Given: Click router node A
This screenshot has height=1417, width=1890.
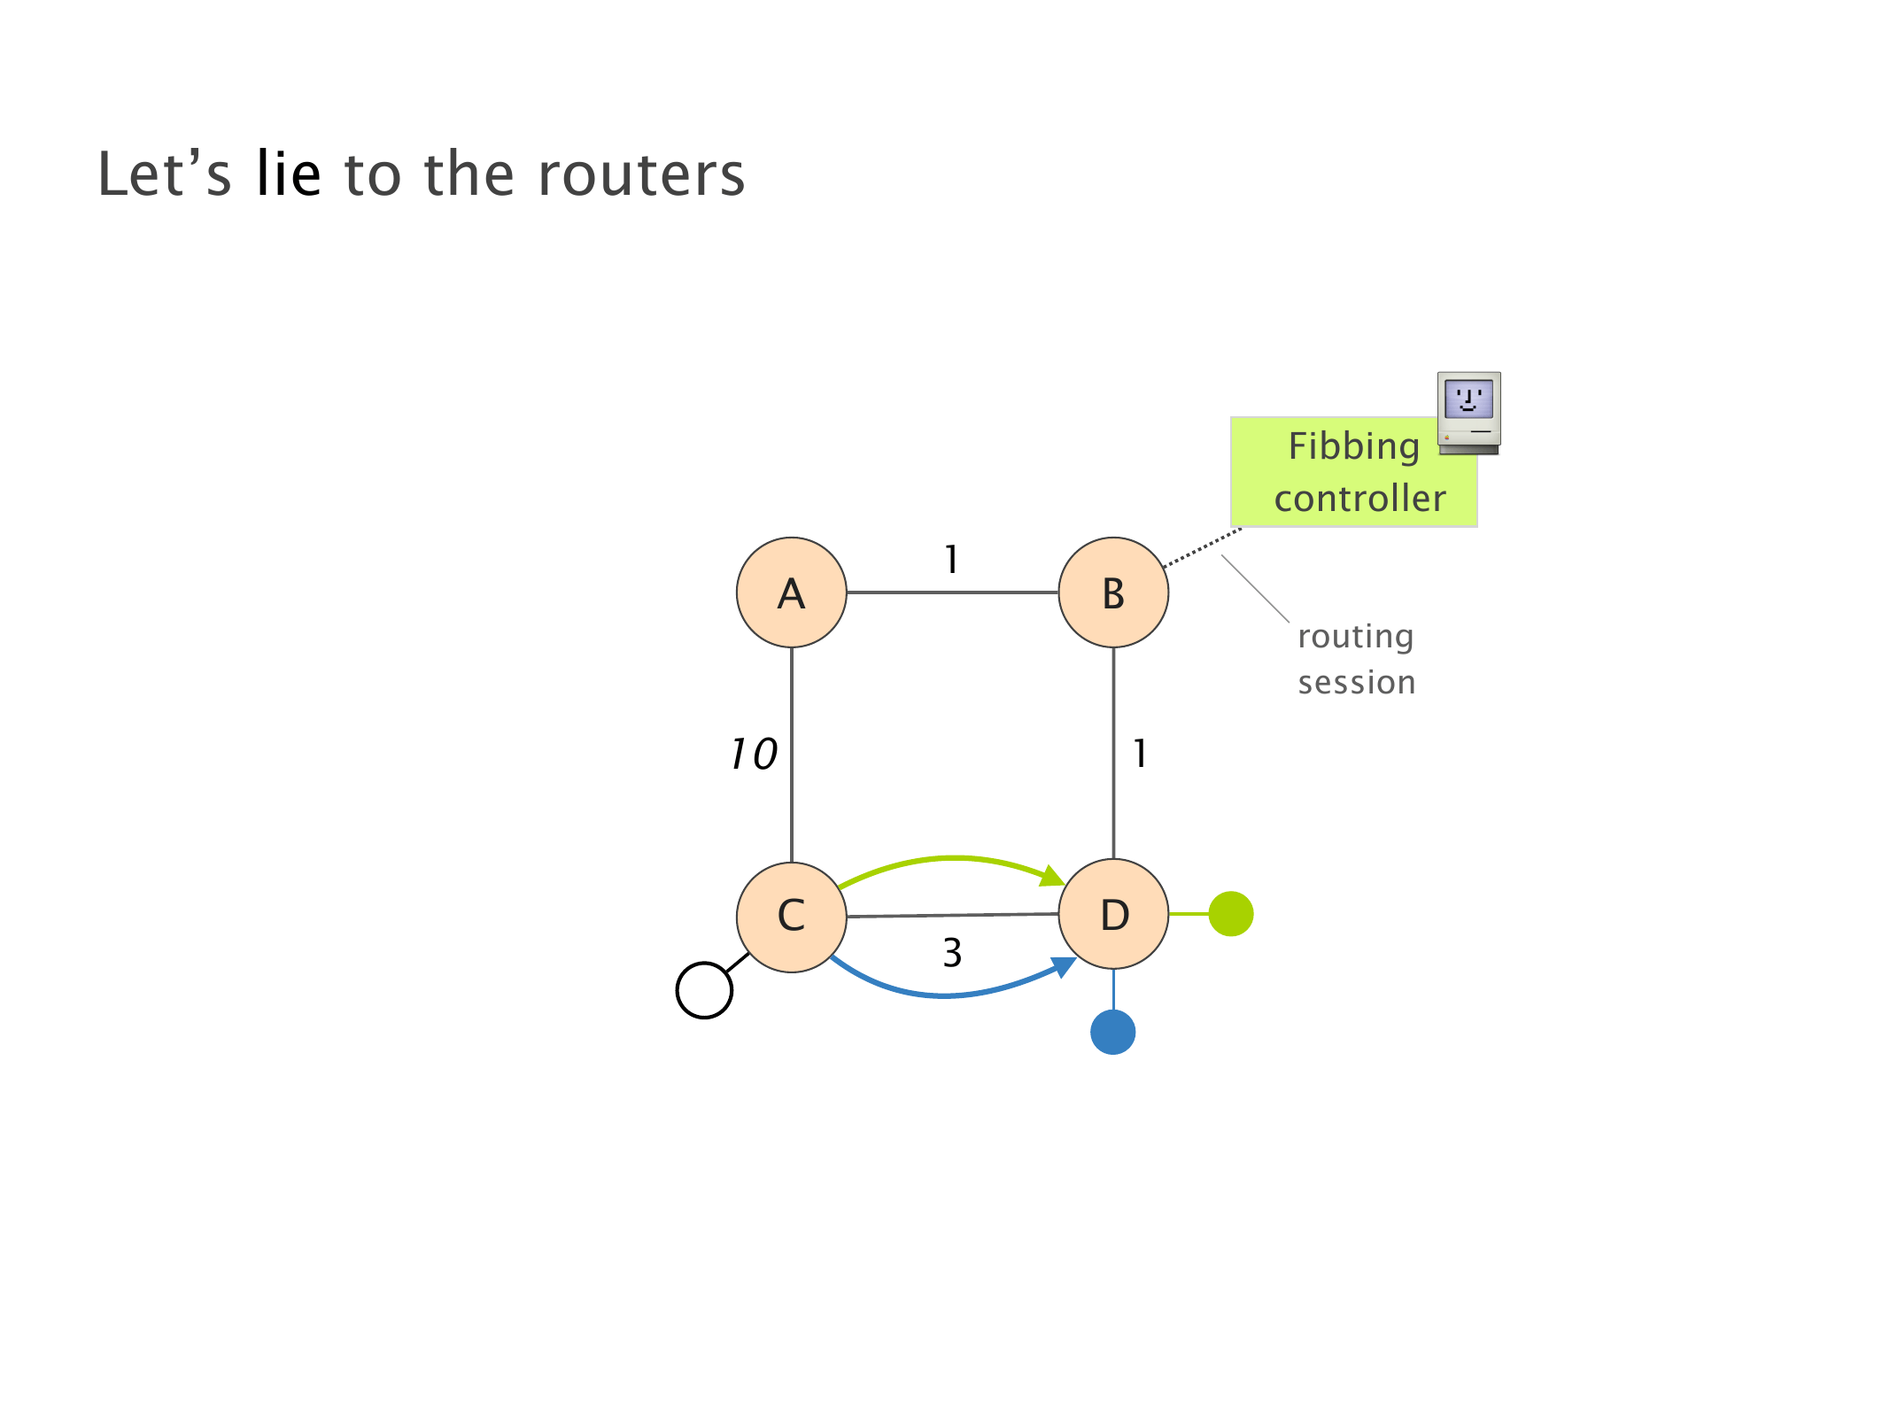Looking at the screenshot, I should point(791,592).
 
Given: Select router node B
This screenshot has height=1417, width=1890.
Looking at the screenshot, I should point(1113,592).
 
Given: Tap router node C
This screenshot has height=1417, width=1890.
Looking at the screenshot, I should point(791,916).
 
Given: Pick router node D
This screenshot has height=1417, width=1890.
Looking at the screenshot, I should point(1113,914).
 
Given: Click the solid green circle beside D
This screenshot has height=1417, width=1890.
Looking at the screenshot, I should point(1230,913).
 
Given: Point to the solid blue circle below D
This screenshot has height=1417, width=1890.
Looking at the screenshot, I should point(1112,1032).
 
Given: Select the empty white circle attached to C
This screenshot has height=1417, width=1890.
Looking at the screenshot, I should point(704,990).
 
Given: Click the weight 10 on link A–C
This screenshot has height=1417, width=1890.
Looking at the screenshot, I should point(754,755).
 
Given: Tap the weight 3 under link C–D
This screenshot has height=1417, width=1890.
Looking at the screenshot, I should point(952,954).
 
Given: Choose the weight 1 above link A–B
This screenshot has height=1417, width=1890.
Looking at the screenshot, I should point(951,560).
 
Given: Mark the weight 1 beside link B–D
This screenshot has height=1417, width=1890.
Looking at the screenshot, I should point(1140,755).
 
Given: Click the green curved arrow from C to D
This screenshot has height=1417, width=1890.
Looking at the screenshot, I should point(952,858).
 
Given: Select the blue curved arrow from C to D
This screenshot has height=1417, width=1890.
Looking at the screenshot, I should point(948,995).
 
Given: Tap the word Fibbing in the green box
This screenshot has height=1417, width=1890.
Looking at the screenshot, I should point(1353,446).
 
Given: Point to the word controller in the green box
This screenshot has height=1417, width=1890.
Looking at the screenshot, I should point(1359,499).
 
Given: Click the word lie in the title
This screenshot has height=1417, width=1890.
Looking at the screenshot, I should point(288,174).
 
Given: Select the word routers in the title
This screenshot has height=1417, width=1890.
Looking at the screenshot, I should point(641,174).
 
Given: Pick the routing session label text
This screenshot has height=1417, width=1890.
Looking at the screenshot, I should point(1356,659).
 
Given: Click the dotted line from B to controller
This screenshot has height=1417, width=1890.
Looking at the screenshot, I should point(1202,547).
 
